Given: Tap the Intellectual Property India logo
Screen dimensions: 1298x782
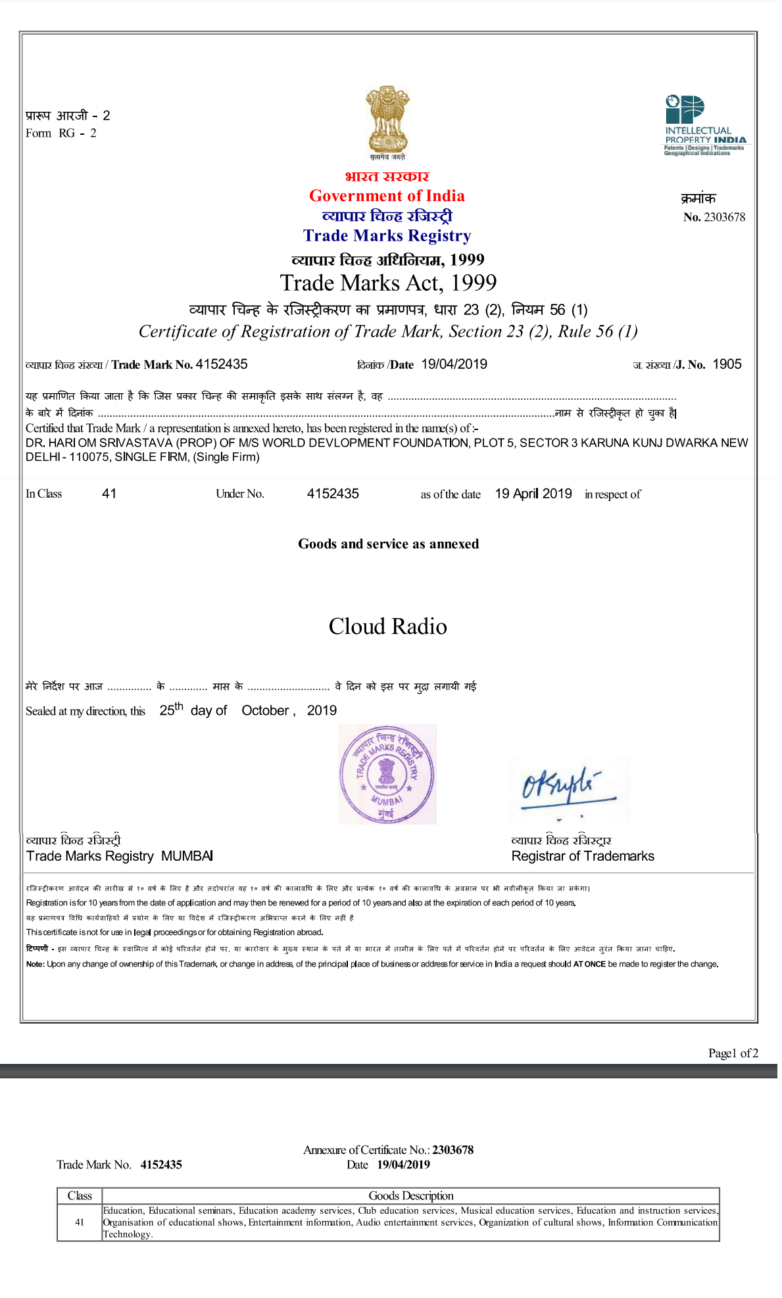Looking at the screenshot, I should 704,125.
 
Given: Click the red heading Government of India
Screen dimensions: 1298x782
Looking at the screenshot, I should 387,196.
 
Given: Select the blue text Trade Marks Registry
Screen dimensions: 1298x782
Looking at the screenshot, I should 387,236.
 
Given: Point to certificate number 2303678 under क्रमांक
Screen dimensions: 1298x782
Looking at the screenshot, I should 724,218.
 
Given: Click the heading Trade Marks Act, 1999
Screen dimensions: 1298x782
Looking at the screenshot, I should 388,283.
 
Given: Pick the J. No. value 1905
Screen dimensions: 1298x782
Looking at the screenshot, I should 727,364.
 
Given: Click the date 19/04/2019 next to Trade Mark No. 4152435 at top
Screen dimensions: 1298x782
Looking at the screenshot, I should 454,364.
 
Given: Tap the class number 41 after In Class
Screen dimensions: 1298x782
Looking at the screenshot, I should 109,494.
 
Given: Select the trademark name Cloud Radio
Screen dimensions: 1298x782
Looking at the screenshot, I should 387,627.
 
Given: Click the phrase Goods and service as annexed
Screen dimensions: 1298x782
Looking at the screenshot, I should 388,544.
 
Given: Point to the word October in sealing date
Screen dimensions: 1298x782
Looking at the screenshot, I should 265,711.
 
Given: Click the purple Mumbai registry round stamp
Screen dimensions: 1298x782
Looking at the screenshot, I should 387,774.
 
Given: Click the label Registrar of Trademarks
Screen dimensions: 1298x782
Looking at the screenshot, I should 583,856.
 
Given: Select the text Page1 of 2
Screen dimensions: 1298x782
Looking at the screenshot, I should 733,1053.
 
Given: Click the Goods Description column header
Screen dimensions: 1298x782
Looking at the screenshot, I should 410,1195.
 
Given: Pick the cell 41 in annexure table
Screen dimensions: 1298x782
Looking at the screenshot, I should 80,1222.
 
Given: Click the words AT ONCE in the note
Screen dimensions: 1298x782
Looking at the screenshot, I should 589,965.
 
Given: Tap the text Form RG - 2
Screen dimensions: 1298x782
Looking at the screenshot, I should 61,133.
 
